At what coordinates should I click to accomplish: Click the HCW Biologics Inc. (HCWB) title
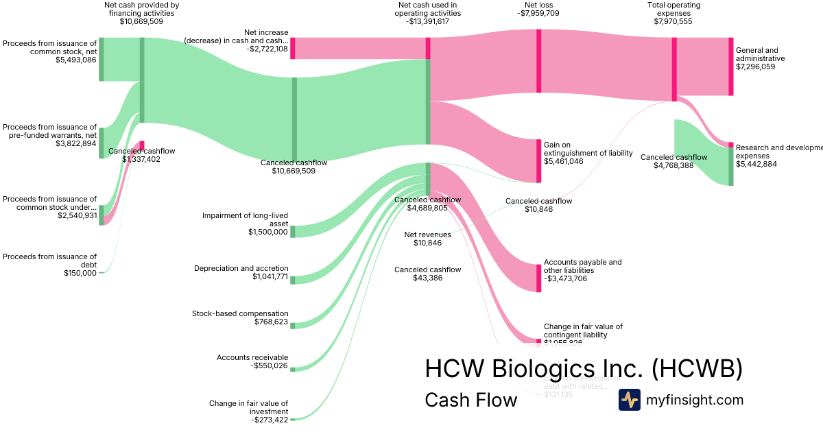(584, 368)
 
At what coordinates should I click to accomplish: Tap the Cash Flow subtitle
(470, 400)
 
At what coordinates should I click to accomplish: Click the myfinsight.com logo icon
(629, 400)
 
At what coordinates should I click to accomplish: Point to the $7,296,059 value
(755, 67)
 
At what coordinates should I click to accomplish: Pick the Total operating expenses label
(673, 9)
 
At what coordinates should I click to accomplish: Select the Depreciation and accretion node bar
(293, 279)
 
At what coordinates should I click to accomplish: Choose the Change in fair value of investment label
(249, 407)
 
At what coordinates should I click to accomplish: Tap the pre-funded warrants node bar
(102, 143)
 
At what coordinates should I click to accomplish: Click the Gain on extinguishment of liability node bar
(538, 160)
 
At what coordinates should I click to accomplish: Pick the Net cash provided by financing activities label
(142, 9)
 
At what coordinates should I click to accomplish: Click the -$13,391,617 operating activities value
(428, 21)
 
